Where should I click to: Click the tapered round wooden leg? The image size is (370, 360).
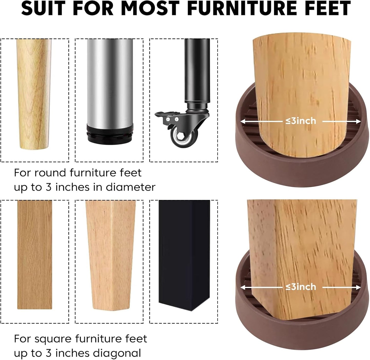click(x=34, y=92)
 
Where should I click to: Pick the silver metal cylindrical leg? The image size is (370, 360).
click(x=110, y=82)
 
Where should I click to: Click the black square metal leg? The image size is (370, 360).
click(x=184, y=253)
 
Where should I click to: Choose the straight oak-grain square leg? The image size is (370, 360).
click(x=35, y=253)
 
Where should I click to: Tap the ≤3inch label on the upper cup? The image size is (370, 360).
click(x=301, y=121)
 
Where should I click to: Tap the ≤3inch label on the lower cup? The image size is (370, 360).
click(x=301, y=287)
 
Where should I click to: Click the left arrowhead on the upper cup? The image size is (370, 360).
click(x=242, y=121)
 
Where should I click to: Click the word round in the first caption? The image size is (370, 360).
click(x=50, y=173)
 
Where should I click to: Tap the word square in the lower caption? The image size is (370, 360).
click(x=53, y=339)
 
